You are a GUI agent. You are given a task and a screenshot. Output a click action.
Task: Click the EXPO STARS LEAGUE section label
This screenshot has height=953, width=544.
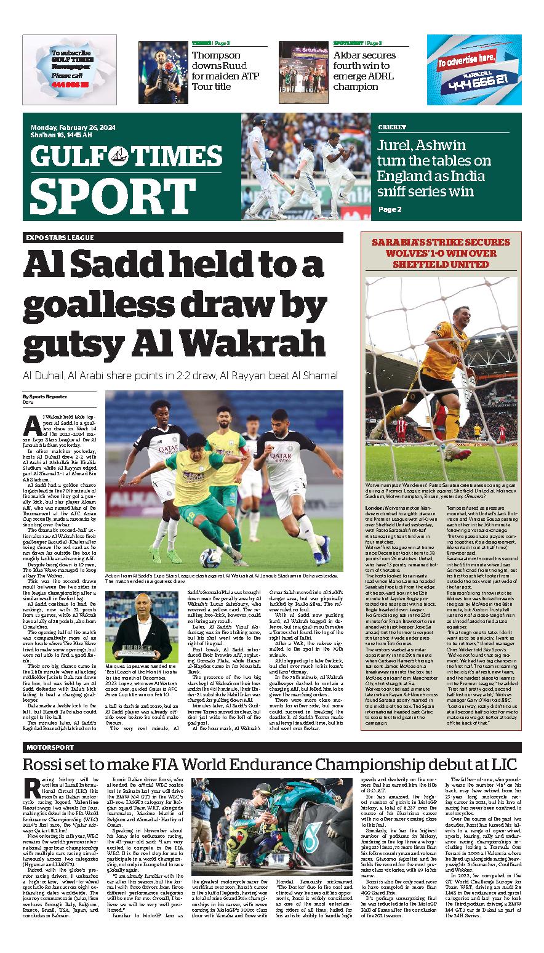(x=60, y=238)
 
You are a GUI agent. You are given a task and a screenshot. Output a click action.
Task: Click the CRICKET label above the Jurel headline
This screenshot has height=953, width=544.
(x=393, y=127)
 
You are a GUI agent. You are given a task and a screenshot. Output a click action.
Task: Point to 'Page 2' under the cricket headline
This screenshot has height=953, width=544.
(x=390, y=209)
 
